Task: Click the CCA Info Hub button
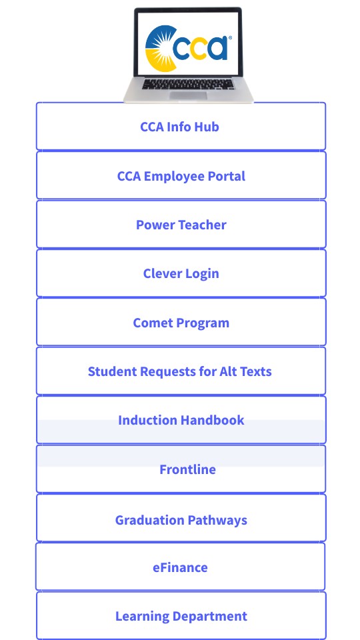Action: click(x=180, y=127)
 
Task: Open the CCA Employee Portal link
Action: click(x=181, y=176)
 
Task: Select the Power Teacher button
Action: click(x=181, y=225)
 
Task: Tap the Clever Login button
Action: click(x=181, y=273)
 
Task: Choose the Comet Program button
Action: click(x=181, y=323)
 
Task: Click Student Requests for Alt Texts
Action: click(x=180, y=371)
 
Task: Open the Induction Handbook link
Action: click(x=181, y=420)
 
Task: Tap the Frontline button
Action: click(x=187, y=469)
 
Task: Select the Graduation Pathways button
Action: click(x=181, y=520)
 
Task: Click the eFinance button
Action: click(x=180, y=567)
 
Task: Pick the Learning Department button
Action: click(x=181, y=616)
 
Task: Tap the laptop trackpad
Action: click(x=187, y=95)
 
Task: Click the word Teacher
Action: click(x=200, y=225)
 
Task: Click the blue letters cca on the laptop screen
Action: click(x=200, y=48)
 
